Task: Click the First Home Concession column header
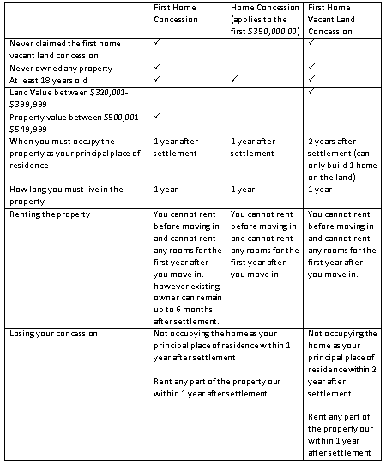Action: pos(175,14)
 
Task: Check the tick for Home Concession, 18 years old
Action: pos(234,78)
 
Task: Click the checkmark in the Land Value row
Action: pos(311,90)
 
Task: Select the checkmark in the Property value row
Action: pos(158,115)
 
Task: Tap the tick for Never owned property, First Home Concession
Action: pos(158,65)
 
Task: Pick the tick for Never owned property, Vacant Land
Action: pos(311,65)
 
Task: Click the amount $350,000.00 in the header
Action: pos(271,30)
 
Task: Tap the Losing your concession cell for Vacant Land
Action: pos(341,393)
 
